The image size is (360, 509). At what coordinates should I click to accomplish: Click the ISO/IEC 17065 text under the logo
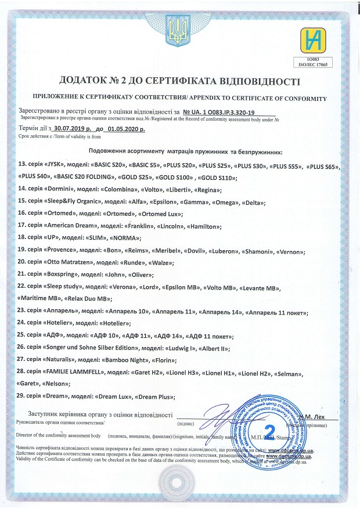pos(314,65)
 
